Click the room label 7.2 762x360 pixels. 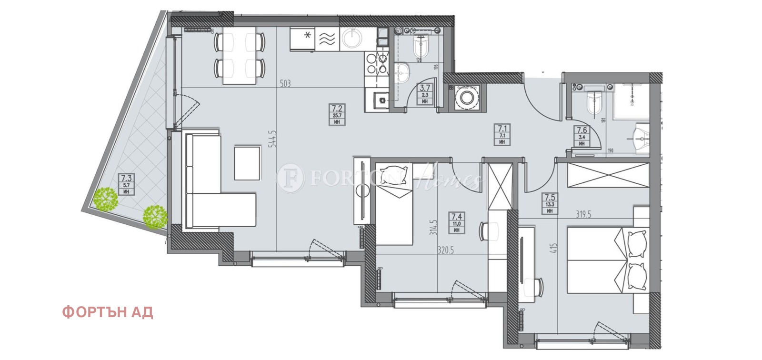pyautogui.click(x=337, y=109)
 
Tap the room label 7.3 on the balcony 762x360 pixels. pyautogui.click(x=126, y=179)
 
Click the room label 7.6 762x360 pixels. pyautogui.click(x=582, y=130)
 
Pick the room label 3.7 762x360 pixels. pyautogui.click(x=425, y=88)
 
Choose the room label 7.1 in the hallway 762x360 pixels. pyautogui.click(x=502, y=129)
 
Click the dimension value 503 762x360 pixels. pyautogui.click(x=285, y=84)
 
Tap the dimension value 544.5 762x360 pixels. pyautogui.click(x=272, y=139)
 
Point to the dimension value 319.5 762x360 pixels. pyautogui.click(x=583, y=214)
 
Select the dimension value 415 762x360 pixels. pyautogui.click(x=553, y=248)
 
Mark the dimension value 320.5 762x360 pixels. pyautogui.click(x=446, y=250)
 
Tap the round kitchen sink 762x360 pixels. pyautogui.click(x=353, y=39)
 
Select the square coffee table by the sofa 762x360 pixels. pyautogui.click(x=247, y=163)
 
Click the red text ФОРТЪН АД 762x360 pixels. pyautogui.click(x=108, y=312)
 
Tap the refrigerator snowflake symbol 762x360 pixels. pyautogui.click(x=308, y=34)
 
